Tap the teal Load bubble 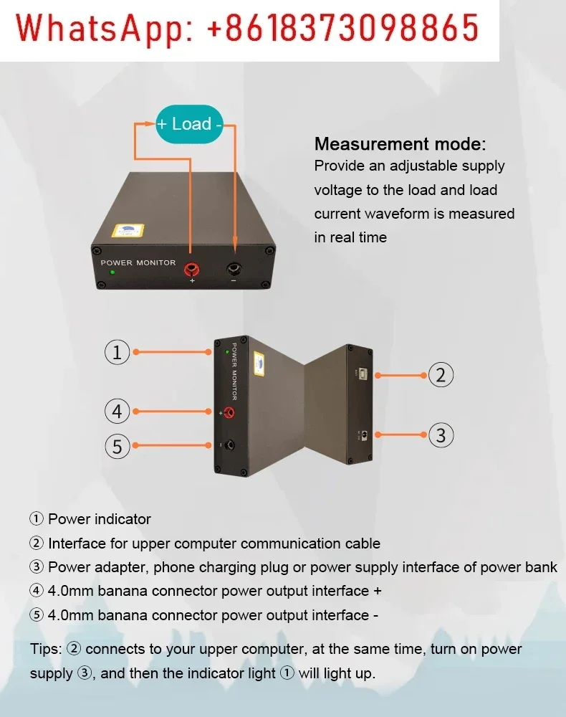[191, 124]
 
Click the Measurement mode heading [400, 144]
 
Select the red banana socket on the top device [192, 269]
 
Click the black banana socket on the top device [235, 270]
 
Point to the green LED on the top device [112, 272]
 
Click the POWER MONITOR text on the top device [138, 262]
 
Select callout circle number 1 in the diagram [117, 352]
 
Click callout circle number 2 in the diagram [441, 374]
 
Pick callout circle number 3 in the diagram [441, 435]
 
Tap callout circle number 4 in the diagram [117, 412]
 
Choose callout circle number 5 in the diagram [117, 446]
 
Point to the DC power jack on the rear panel [365, 435]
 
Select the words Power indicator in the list [100, 519]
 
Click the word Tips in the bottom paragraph [46, 649]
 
